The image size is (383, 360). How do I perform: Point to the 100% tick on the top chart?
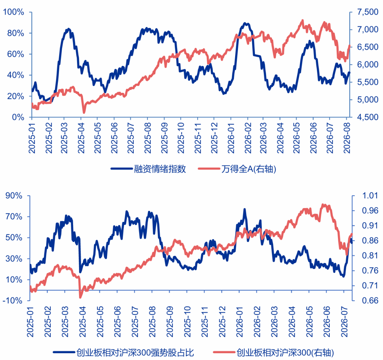(x=14, y=12)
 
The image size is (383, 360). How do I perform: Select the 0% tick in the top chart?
(x=18, y=117)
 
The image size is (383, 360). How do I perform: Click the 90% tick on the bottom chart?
(x=14, y=196)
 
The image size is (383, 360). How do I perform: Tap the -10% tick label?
(x=12, y=300)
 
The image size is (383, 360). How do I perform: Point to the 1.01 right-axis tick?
(x=370, y=196)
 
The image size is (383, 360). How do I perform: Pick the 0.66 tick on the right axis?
(x=370, y=300)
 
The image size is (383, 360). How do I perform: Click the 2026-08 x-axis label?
(x=347, y=138)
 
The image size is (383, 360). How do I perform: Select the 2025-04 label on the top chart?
(x=81, y=138)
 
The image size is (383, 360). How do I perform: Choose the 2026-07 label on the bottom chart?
(x=344, y=322)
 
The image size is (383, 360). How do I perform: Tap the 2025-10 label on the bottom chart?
(x=187, y=322)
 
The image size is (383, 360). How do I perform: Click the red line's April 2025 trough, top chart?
(x=84, y=113)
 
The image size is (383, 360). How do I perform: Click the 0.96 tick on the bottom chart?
(x=370, y=210)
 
